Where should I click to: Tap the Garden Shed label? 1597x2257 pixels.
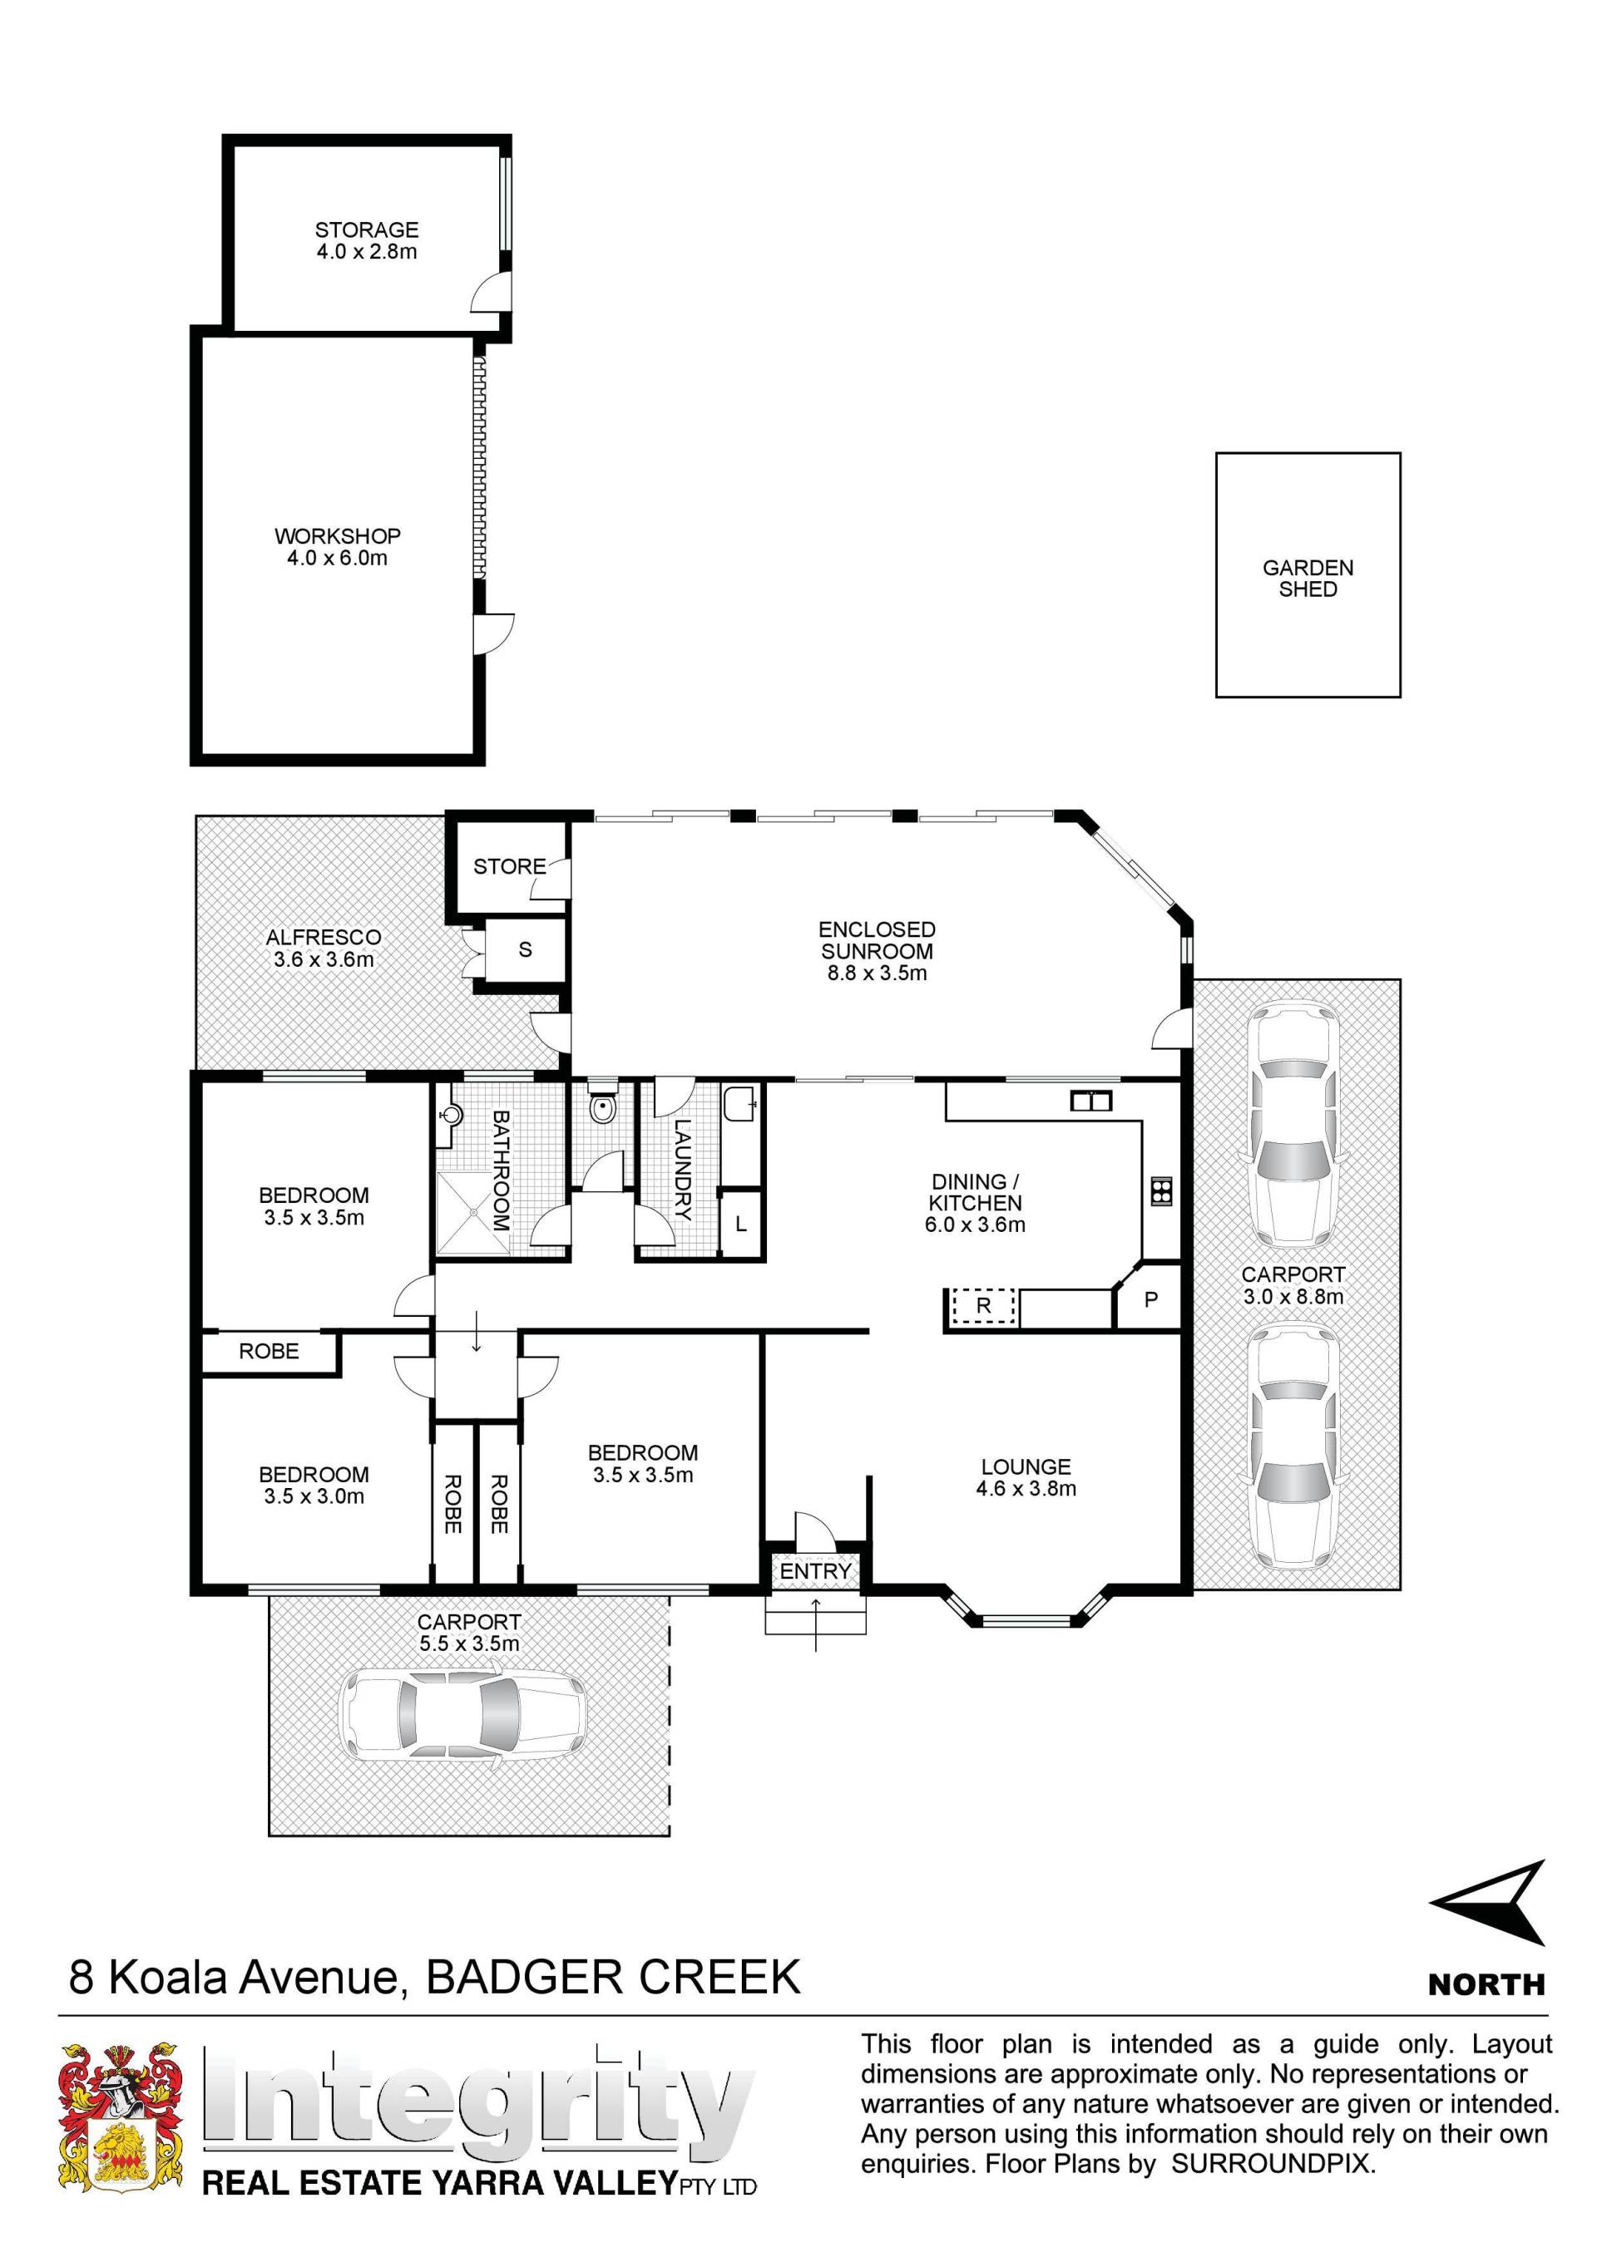1308,578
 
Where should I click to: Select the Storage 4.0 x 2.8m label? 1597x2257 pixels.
367,241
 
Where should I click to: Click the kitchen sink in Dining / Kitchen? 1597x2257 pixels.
1090,1101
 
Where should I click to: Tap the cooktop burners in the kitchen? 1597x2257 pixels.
1160,1190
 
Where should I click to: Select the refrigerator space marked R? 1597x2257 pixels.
983,1308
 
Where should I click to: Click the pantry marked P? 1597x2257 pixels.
1150,1299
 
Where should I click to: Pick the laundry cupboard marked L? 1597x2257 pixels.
741,1225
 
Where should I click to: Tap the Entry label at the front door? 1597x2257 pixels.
815,1572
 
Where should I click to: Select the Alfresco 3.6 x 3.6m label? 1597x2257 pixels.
324,949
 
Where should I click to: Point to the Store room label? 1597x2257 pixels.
508,866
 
